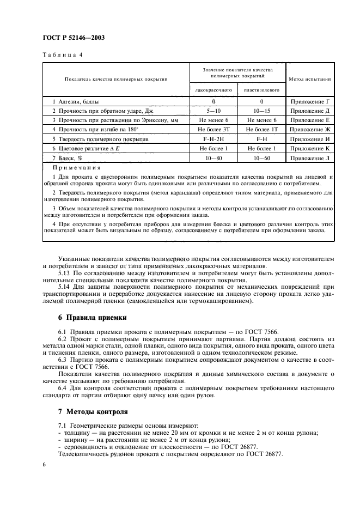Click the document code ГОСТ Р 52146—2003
[73, 38]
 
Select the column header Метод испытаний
[310, 79]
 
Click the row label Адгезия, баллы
[76, 101]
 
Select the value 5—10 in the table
[213, 111]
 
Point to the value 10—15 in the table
[261, 111]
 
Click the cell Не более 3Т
[213, 129]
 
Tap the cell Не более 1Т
[261, 129]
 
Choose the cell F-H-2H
[213, 138]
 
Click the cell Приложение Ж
[310, 129]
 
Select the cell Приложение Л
[310, 157]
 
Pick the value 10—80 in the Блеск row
[213, 157]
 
